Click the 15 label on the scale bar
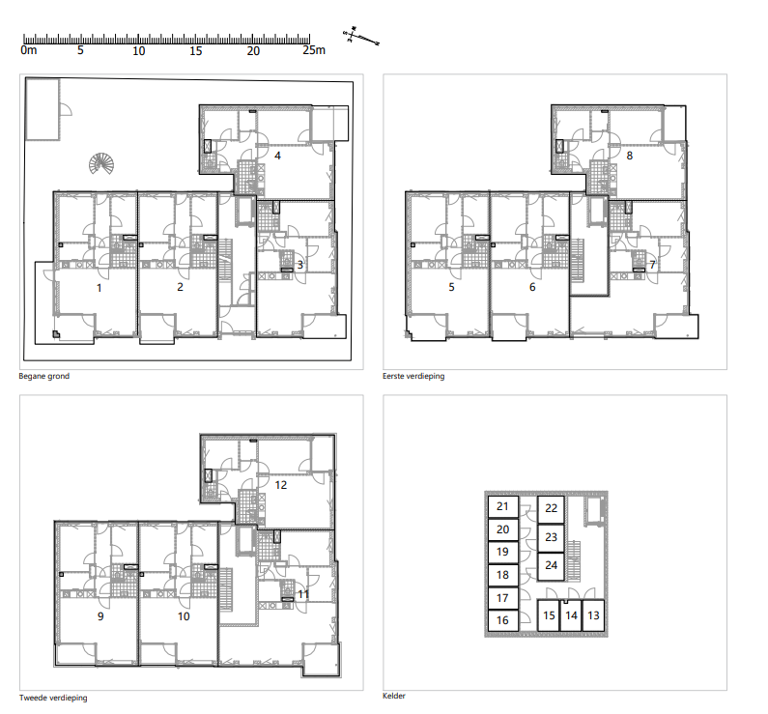(195, 51)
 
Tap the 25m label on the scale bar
(314, 50)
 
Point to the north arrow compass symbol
(361, 38)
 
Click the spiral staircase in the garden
(101, 163)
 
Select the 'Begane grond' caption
(44, 376)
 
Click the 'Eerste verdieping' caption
(413, 376)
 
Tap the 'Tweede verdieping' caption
(53, 698)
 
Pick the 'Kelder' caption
(394, 696)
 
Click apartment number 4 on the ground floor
(277, 156)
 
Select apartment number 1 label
(99, 288)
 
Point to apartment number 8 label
(630, 156)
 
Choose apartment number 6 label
(532, 287)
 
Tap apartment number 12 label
(281, 485)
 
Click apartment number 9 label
(100, 616)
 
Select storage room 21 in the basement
(503, 506)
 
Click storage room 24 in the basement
(551, 566)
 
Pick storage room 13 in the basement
(593, 615)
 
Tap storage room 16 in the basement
(503, 620)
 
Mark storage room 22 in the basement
(551, 509)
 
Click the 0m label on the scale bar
(29, 50)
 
